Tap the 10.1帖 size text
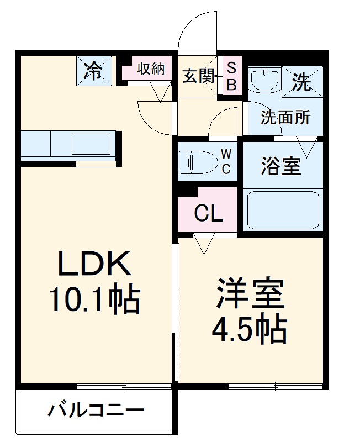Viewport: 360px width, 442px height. pyautogui.click(x=95, y=299)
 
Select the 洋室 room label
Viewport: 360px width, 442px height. pyautogui.click(x=250, y=294)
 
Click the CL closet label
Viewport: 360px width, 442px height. pyautogui.click(x=208, y=213)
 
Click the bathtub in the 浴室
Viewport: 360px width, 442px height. pyautogui.click(x=283, y=210)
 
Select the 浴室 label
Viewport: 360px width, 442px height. pyautogui.click(x=281, y=166)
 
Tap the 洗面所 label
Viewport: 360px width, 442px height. pyautogui.click(x=285, y=117)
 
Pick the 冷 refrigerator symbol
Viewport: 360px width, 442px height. pyautogui.click(x=94, y=71)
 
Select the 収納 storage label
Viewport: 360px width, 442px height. pyautogui.click(x=151, y=69)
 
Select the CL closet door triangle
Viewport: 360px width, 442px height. pyautogui.click(x=204, y=242)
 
